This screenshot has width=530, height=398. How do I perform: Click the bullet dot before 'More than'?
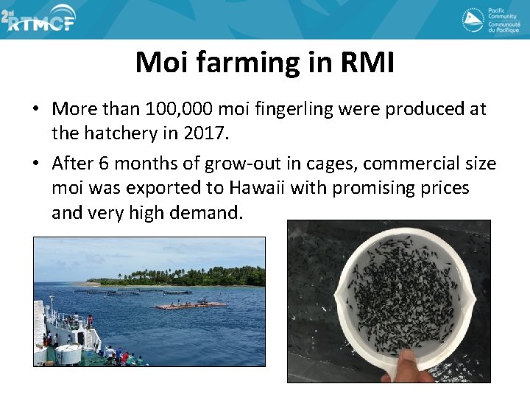[x=35, y=110]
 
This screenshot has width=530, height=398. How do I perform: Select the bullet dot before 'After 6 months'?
[x=35, y=163]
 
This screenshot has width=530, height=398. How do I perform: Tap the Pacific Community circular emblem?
[x=473, y=20]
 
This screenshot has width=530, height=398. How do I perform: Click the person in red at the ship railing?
[x=90, y=321]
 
